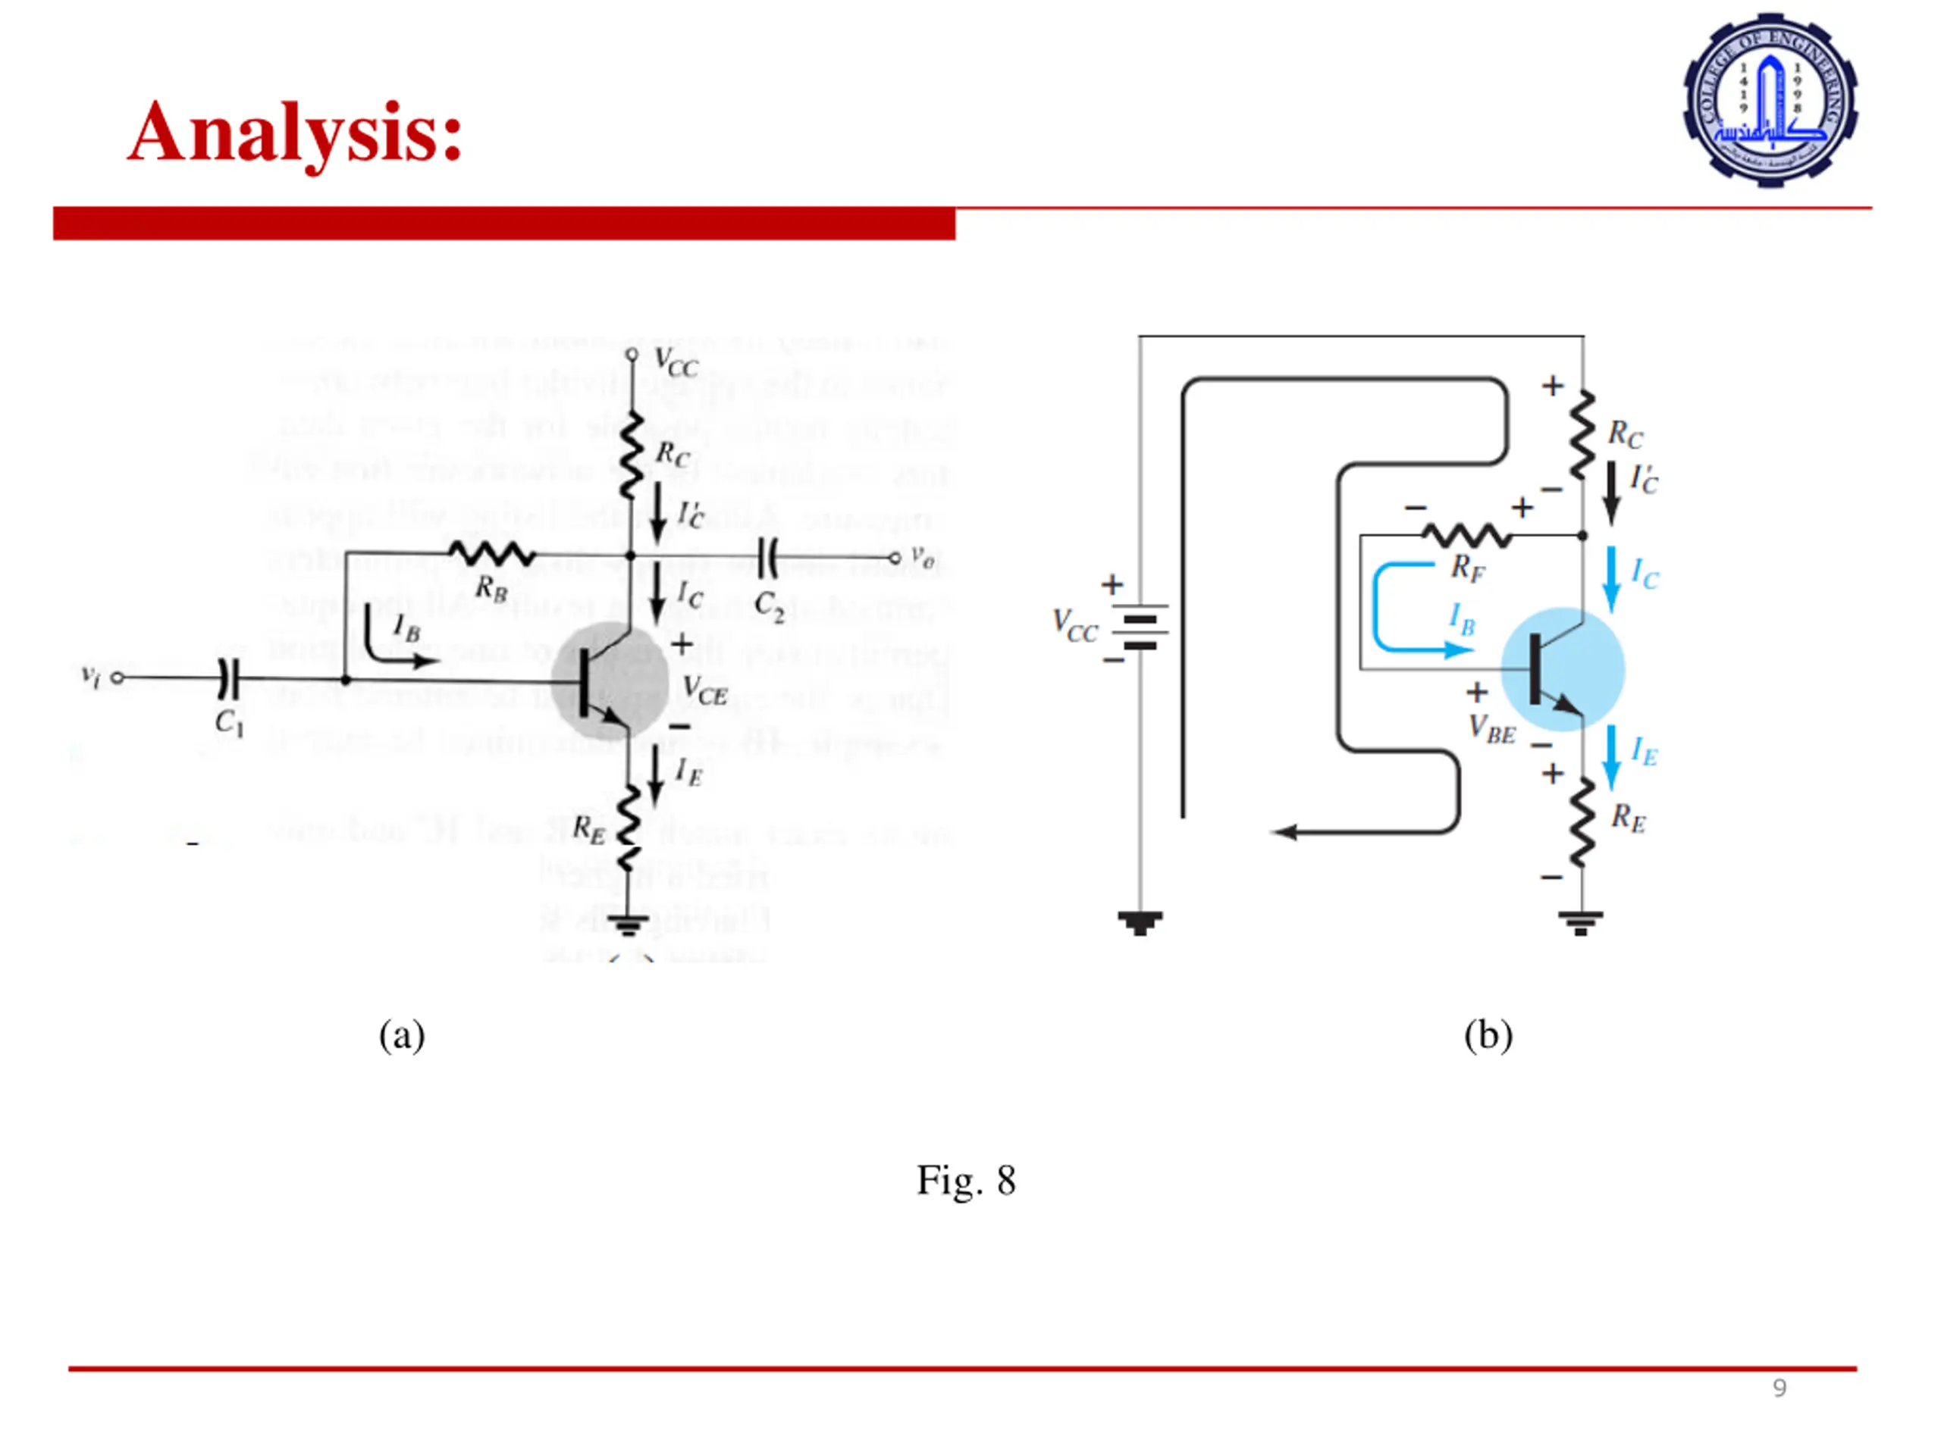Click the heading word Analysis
[294, 133]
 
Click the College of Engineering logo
[1769, 99]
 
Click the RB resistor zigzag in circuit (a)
[491, 553]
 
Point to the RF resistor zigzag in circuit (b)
[1466, 534]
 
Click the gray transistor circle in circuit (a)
[610, 680]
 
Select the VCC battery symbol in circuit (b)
[1140, 626]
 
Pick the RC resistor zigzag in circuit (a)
[631, 456]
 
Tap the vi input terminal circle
[118, 678]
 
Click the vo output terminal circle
[894, 558]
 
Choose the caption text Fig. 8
[966, 1181]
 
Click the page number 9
[1779, 1388]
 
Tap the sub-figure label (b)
[1488, 1035]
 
